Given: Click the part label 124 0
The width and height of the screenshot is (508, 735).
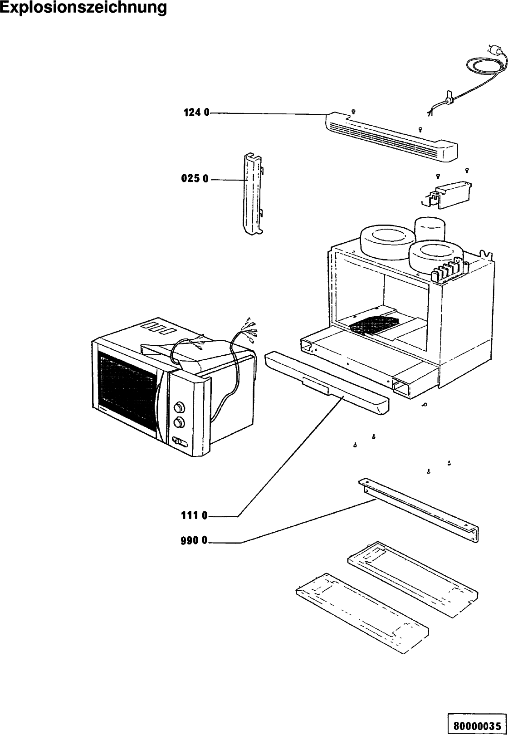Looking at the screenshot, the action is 196,113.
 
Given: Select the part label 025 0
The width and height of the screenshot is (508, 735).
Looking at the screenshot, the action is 195,179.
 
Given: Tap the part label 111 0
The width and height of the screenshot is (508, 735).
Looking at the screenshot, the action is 195,516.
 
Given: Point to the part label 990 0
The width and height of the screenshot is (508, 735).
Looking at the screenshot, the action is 194,541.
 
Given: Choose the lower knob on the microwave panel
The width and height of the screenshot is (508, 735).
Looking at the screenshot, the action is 179,423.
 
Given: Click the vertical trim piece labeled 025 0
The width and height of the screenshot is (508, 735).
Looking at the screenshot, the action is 253,194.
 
